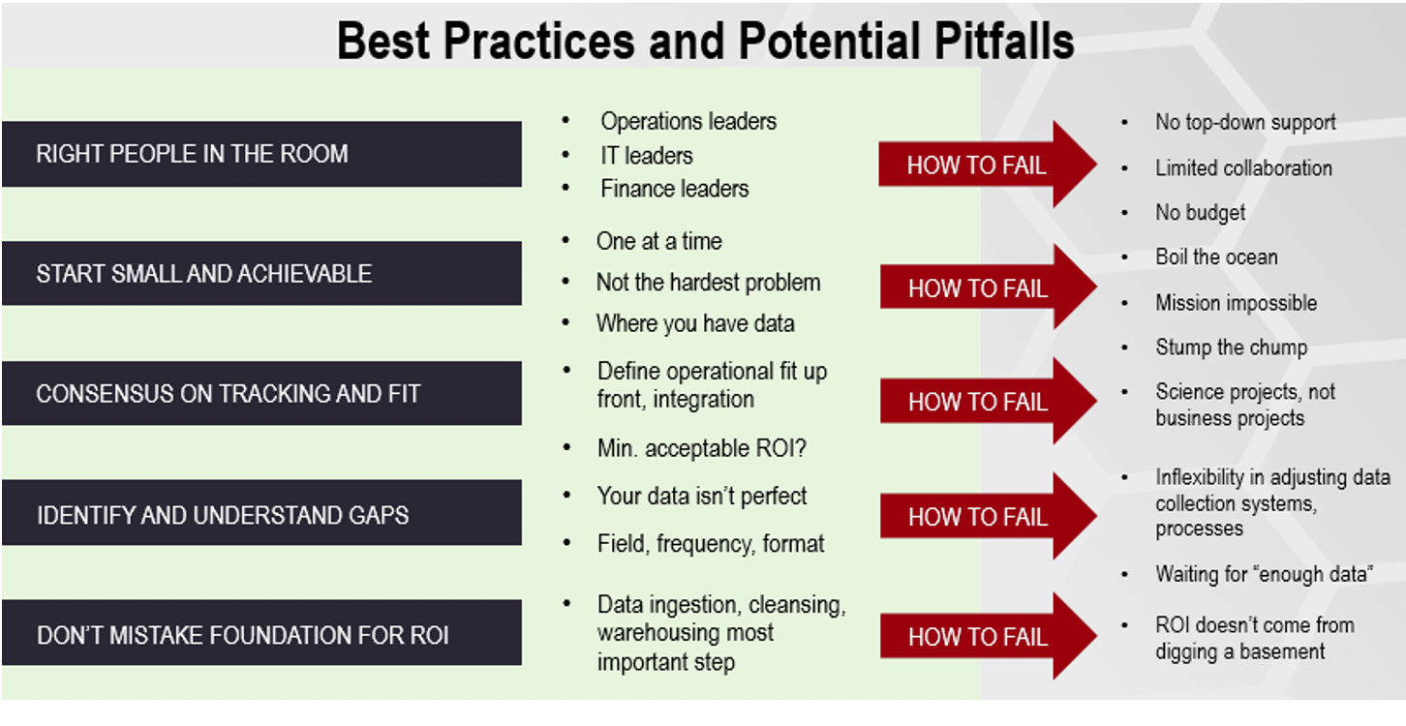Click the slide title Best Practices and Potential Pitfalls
point(705,42)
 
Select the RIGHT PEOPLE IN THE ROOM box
point(261,154)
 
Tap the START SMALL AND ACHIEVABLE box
point(261,274)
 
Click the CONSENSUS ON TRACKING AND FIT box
point(261,394)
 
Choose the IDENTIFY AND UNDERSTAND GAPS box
point(261,514)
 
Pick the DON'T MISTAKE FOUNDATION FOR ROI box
point(261,635)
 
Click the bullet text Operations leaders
point(688,121)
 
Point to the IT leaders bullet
point(646,155)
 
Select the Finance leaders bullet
point(674,189)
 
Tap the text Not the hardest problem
point(708,283)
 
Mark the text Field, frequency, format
point(710,544)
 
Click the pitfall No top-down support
point(1244,122)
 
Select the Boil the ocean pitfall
point(1215,257)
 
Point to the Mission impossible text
point(1236,303)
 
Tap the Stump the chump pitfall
point(1231,348)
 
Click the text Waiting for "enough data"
point(1264,574)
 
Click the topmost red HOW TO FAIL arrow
point(983,166)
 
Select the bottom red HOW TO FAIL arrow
point(983,637)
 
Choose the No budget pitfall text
point(1200,213)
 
